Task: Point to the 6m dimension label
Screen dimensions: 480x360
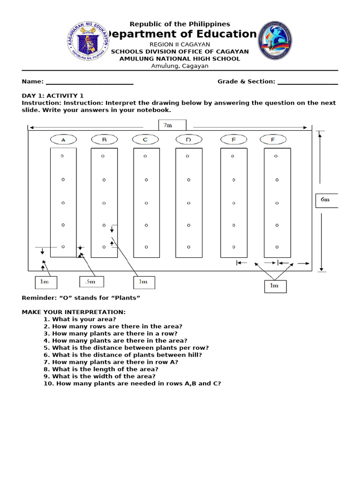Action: [326, 200]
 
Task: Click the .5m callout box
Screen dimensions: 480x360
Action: [91, 282]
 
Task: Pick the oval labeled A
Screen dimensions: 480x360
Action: [63, 140]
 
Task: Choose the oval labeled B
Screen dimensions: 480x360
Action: [104, 140]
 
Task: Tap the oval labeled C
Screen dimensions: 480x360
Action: [145, 140]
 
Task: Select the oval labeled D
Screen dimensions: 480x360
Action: [188, 140]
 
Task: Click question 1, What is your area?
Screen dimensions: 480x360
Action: [84, 319]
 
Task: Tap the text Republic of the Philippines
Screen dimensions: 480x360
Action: [180, 24]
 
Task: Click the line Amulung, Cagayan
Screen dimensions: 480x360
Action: [180, 66]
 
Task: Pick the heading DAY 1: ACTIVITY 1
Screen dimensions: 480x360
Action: [53, 96]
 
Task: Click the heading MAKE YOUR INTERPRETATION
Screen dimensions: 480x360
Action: [74, 312]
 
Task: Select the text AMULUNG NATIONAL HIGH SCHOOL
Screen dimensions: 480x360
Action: [180, 59]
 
